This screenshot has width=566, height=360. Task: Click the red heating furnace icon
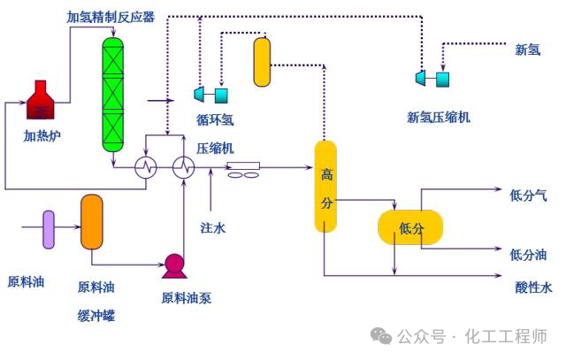[41, 102]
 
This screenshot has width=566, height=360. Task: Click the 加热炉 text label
[41, 135]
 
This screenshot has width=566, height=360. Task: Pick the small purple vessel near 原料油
[49, 230]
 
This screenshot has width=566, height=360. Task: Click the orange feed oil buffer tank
[92, 221]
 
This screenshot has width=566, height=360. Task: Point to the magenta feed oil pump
[173, 264]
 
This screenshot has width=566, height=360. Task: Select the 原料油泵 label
[186, 298]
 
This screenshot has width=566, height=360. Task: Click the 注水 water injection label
[213, 227]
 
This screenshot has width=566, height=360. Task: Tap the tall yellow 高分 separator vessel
[326, 187]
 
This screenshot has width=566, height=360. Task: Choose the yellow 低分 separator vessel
[410, 227]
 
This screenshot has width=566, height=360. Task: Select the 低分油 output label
[529, 255]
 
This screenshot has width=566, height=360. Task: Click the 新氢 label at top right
[528, 50]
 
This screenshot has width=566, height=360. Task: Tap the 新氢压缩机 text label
[439, 116]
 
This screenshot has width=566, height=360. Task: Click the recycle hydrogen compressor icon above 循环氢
[211, 94]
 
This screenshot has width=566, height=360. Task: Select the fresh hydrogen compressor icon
[432, 79]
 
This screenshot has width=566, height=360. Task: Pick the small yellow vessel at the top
[262, 62]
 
